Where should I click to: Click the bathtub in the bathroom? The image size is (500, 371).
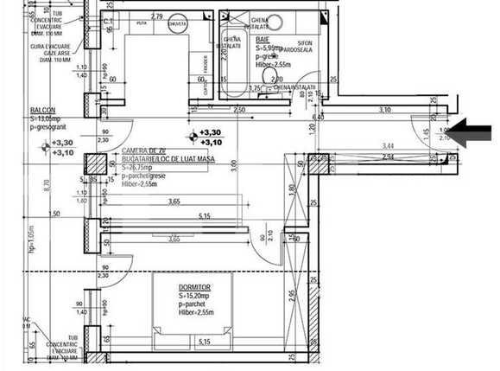[232, 63]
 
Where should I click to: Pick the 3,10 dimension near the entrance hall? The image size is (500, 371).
[385, 110]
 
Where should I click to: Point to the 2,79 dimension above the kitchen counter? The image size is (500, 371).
[157, 16]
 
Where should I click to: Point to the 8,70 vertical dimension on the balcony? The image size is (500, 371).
[46, 182]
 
